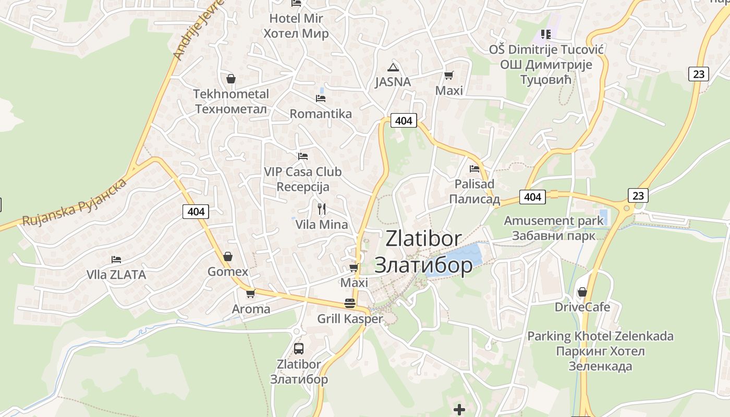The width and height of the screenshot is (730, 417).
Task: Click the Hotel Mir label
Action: [296, 26]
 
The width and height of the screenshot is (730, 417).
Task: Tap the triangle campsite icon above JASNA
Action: [393, 67]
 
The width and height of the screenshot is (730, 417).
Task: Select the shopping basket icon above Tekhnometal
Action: [231, 79]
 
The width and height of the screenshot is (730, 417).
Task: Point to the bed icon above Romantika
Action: [321, 98]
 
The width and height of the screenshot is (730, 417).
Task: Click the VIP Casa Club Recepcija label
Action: [302, 179]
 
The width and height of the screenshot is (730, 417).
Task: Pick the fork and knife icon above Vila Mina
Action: [322, 209]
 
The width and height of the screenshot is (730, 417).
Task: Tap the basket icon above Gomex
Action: [228, 256]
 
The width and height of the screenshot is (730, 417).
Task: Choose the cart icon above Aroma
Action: [251, 293]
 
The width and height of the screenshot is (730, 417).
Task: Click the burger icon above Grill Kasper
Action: [350, 303]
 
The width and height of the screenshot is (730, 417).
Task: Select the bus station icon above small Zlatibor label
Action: [299, 348]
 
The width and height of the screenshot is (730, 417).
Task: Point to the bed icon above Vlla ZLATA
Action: [116, 259]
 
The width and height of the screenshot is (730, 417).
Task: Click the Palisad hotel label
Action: [475, 191]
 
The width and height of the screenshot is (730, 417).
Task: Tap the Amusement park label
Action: [553, 228]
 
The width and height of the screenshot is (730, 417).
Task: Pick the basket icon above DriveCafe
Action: [582, 292]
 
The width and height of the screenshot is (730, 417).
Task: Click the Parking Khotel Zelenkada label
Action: [600, 351]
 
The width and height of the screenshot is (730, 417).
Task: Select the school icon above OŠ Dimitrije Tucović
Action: [546, 34]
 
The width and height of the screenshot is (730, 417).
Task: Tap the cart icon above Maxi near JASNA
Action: [448, 75]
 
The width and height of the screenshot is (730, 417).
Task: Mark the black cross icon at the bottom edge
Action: [459, 410]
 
